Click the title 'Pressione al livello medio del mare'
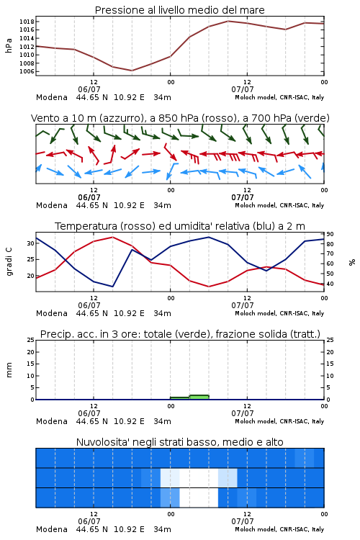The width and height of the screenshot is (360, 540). tap(179, 10)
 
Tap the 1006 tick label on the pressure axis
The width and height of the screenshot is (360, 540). tap(27, 71)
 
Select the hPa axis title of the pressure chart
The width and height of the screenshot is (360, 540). tap(9, 45)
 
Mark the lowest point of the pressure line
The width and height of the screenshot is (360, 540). tap(132, 71)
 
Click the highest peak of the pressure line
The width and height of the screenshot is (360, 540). tap(228, 21)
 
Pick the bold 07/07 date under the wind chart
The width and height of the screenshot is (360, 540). tap(243, 197)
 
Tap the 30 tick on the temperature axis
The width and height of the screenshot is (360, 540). tap(31, 243)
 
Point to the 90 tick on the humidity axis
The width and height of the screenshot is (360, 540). tap(330, 234)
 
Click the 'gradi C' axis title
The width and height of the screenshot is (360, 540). tap(9, 262)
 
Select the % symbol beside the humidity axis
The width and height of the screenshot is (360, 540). tap(352, 262)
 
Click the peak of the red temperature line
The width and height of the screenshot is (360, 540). tap(112, 237)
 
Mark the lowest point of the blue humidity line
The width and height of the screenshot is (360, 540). tap(112, 287)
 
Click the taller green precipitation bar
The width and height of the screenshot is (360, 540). tap(199, 397)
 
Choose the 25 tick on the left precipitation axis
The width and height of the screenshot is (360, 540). tap(31, 340)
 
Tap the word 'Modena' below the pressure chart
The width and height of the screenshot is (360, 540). tap(52, 97)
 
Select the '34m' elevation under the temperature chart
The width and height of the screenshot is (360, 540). tap(162, 313)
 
